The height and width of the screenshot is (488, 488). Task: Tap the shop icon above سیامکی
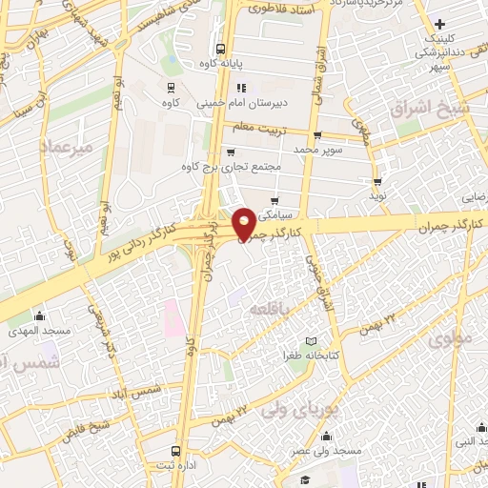[x=275, y=201]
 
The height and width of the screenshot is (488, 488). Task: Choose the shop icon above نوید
[x=378, y=181]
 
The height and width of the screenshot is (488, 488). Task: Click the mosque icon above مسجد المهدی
[x=38, y=315]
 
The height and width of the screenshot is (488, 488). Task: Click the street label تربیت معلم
[x=254, y=126]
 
